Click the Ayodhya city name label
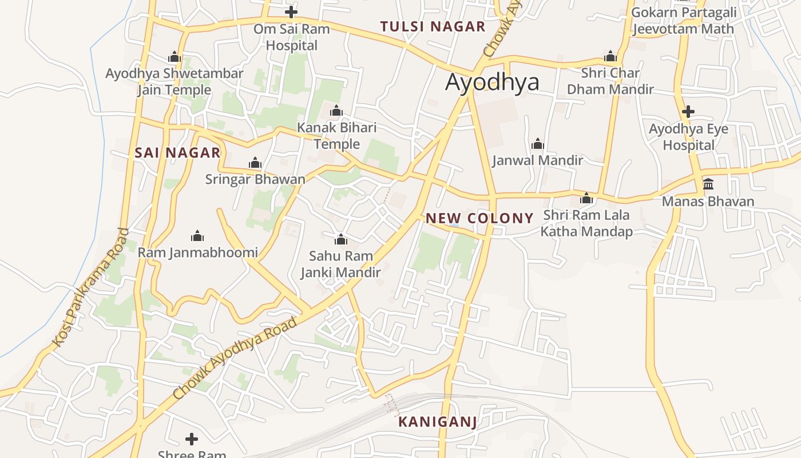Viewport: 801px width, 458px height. (492, 82)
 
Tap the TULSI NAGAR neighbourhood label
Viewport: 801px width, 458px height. (433, 26)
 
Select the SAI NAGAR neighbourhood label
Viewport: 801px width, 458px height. (177, 152)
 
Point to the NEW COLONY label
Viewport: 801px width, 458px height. (479, 218)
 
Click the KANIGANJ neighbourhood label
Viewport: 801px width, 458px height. (437, 423)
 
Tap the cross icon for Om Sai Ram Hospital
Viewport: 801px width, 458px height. (291, 11)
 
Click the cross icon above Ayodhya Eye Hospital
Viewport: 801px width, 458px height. (688, 111)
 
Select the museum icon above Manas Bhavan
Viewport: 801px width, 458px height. (708, 184)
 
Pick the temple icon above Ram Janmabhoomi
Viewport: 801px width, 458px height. (197, 236)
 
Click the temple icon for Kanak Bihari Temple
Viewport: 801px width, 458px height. (336, 110)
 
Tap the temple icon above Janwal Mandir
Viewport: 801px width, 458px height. (538, 144)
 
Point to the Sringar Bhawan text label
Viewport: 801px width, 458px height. (255, 179)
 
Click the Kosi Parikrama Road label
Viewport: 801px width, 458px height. (92, 287)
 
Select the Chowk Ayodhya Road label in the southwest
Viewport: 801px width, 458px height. (235, 358)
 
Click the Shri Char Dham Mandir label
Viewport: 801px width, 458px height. (610, 81)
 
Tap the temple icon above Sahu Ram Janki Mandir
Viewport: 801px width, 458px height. (341, 239)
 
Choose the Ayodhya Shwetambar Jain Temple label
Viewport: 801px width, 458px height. (175, 82)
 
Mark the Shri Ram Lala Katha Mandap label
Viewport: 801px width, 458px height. (586, 223)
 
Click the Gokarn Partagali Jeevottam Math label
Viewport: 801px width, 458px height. (683, 21)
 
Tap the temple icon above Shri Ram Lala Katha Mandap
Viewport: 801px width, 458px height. (586, 199)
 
